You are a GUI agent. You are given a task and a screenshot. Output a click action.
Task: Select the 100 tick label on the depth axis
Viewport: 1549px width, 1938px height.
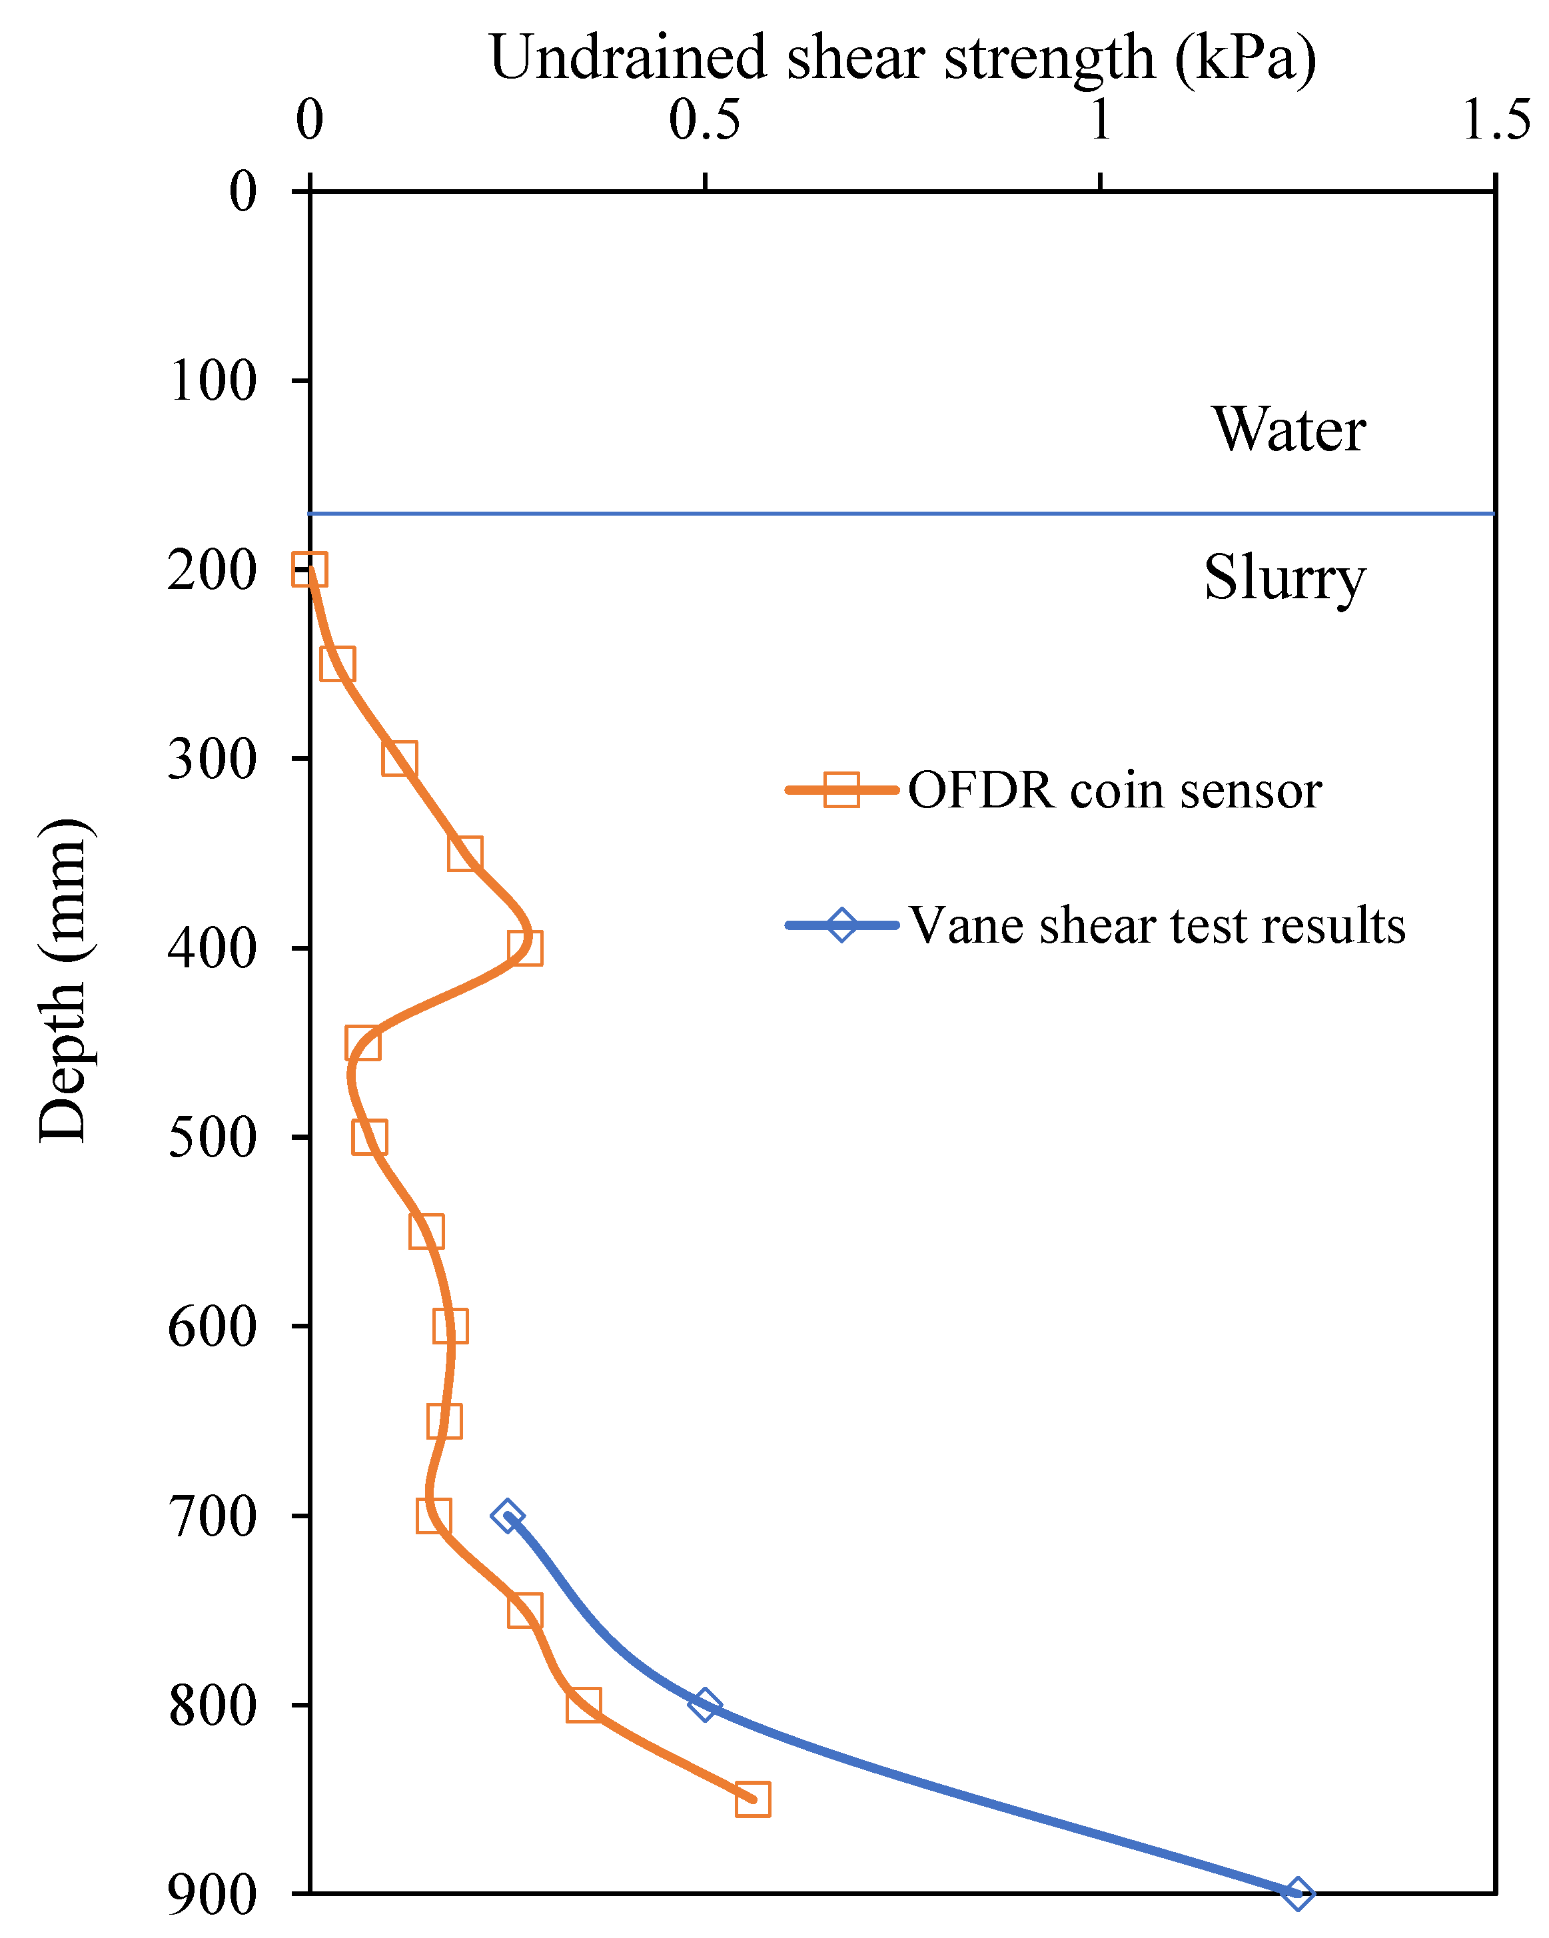[213, 381]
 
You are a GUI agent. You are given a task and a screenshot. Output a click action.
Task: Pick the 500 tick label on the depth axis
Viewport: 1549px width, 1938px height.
[213, 1138]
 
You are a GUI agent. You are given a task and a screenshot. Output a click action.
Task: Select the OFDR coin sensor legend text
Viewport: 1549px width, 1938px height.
[1114, 791]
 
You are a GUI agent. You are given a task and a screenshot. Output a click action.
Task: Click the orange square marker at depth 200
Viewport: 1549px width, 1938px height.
[309, 570]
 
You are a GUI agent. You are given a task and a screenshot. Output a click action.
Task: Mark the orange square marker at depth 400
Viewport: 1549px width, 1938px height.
[525, 948]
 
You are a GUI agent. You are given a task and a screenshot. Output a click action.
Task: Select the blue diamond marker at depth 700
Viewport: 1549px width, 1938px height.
[508, 1516]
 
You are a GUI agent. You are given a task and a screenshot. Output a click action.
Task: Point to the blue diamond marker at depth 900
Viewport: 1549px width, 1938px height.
[1296, 1894]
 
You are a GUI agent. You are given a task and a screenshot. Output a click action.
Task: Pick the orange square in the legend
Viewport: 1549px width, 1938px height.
[841, 790]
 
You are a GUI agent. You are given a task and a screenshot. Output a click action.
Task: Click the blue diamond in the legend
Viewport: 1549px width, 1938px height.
[841, 925]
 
